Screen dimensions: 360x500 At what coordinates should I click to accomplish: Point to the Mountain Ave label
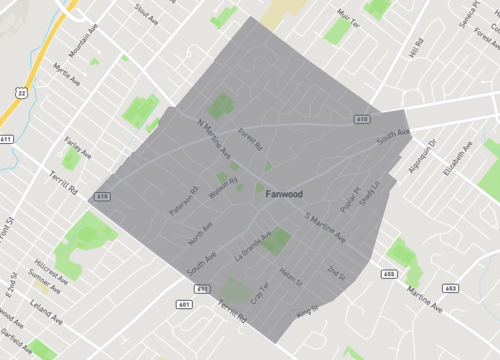tap(86, 50)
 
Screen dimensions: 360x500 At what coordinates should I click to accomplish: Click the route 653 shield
tap(450, 288)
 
